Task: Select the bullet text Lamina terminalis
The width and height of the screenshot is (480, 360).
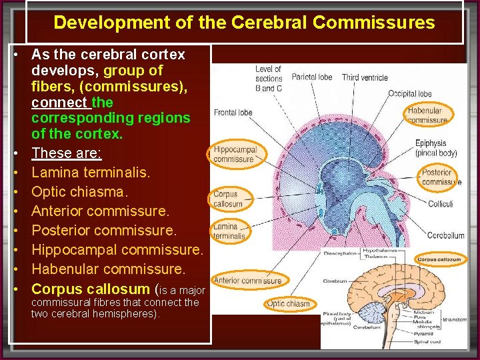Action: (91, 172)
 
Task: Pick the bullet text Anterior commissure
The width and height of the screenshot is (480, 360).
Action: (100, 211)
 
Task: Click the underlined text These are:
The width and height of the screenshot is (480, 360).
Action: (66, 153)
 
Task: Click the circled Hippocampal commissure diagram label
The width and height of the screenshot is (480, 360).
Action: (234, 155)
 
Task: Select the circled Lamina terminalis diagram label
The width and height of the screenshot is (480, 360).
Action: (229, 231)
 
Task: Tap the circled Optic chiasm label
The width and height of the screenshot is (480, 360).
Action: (288, 304)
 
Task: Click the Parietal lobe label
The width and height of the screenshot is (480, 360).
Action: (311, 77)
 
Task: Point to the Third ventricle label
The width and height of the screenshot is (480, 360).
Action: (365, 77)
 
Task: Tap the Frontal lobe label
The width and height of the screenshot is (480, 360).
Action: (233, 113)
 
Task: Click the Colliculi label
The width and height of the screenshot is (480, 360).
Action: (440, 203)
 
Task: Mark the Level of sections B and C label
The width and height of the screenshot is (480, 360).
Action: (269, 78)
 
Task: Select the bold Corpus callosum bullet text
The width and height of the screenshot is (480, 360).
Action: (90, 289)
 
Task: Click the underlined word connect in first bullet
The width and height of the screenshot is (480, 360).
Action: (59, 102)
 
